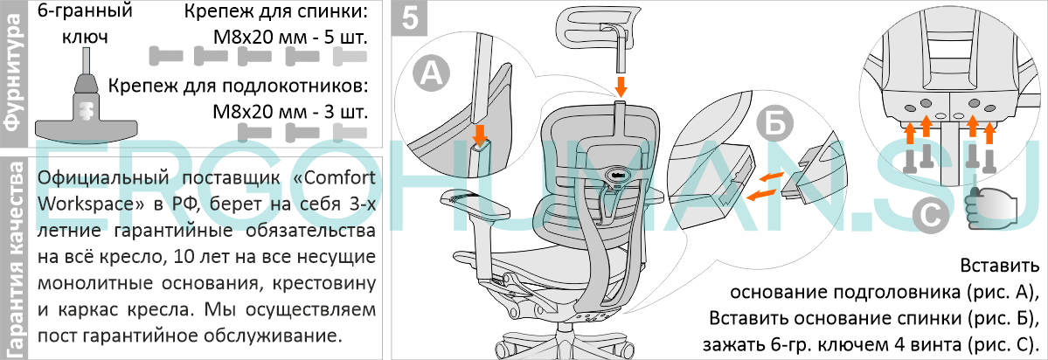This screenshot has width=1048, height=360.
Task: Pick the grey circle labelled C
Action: (933, 214)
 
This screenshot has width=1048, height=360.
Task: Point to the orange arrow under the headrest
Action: (621, 86)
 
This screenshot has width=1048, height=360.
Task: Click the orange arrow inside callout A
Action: (479, 134)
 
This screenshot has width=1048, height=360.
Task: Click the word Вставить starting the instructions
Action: (1000, 265)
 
